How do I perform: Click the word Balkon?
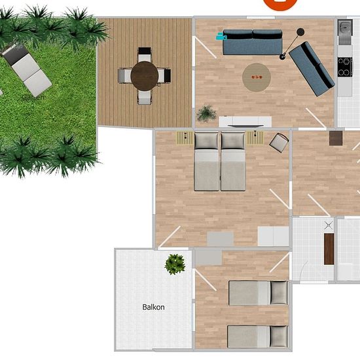click(153, 307)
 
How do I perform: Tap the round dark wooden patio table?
click(145, 76)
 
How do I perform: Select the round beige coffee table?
click(257, 77)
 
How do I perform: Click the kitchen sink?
click(345, 27)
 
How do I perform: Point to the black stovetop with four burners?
click(345, 67)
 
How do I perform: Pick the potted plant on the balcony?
click(175, 264)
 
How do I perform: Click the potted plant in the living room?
click(206, 113)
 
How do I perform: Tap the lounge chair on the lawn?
click(26, 69)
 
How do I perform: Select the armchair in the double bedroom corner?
click(279, 142)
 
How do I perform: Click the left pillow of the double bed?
click(206, 141)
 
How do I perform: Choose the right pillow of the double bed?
click(233, 141)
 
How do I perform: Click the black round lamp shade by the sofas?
click(300, 32)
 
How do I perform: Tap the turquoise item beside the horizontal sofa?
click(221, 36)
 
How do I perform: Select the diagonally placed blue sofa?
click(312, 69)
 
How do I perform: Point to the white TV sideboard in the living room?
click(245, 122)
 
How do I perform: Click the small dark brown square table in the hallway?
click(336, 138)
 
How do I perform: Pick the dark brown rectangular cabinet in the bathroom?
click(329, 249)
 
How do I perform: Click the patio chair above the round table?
click(145, 54)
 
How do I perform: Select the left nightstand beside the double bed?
click(185, 138)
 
